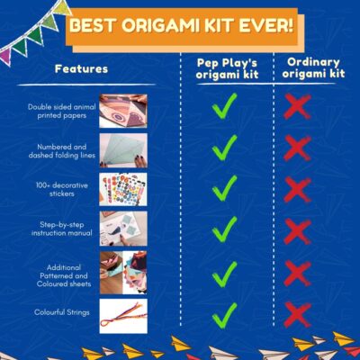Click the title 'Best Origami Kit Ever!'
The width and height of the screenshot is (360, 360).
[x=181, y=26]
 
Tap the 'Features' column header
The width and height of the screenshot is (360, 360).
[x=81, y=69]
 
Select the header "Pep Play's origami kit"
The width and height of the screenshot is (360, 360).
[x=227, y=68]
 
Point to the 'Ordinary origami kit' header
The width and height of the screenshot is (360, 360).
[x=313, y=67]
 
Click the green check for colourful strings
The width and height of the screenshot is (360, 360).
[x=224, y=316]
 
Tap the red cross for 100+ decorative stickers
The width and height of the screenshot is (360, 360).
[x=297, y=190]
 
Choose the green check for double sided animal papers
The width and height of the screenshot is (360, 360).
[x=224, y=106]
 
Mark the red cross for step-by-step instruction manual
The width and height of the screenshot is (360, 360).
[x=297, y=231]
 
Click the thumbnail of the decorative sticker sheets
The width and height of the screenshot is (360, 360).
[x=123, y=189]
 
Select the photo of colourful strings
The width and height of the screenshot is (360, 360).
[x=123, y=316]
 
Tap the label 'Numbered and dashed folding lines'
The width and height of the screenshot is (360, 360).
[x=62, y=151]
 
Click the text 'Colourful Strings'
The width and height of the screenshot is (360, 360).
[x=62, y=312]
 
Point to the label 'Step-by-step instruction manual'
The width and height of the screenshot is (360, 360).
[x=62, y=229]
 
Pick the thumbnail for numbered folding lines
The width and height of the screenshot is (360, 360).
[x=123, y=150]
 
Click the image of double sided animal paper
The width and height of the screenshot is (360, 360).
[x=123, y=111]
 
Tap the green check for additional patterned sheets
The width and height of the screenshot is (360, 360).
[x=224, y=274]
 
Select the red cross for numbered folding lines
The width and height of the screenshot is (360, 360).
[x=297, y=148]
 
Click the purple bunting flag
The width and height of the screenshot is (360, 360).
[x=6, y=56]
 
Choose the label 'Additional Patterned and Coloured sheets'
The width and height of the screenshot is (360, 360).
[x=64, y=275]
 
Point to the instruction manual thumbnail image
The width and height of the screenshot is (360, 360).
[x=123, y=229]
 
